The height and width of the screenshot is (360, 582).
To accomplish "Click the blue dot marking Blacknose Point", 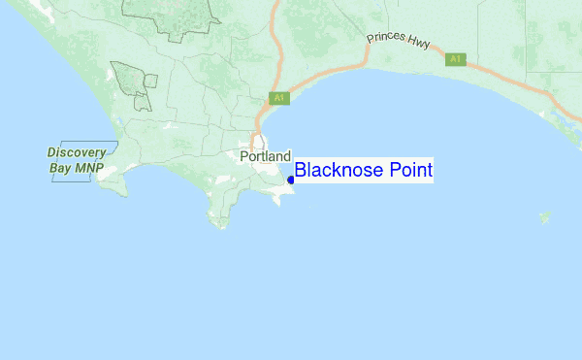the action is point(291,180).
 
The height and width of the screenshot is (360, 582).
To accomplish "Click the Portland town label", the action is point(265,156).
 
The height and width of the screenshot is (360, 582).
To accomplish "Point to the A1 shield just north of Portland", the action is point(279,98).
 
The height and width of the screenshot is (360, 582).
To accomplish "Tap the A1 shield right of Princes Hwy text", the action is point(456,59).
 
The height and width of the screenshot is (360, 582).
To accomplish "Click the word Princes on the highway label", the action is point(384,41).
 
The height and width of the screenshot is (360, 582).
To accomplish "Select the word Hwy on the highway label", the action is point(427,48).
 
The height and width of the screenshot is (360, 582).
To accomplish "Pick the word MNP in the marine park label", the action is point(88,167).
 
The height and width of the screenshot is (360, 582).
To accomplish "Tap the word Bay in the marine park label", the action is point(60,167).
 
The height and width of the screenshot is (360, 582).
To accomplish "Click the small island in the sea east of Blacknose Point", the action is point(544,216).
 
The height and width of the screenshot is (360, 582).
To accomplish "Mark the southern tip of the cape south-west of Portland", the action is point(221,227).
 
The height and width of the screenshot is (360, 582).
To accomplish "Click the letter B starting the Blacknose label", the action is point(301,171).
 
